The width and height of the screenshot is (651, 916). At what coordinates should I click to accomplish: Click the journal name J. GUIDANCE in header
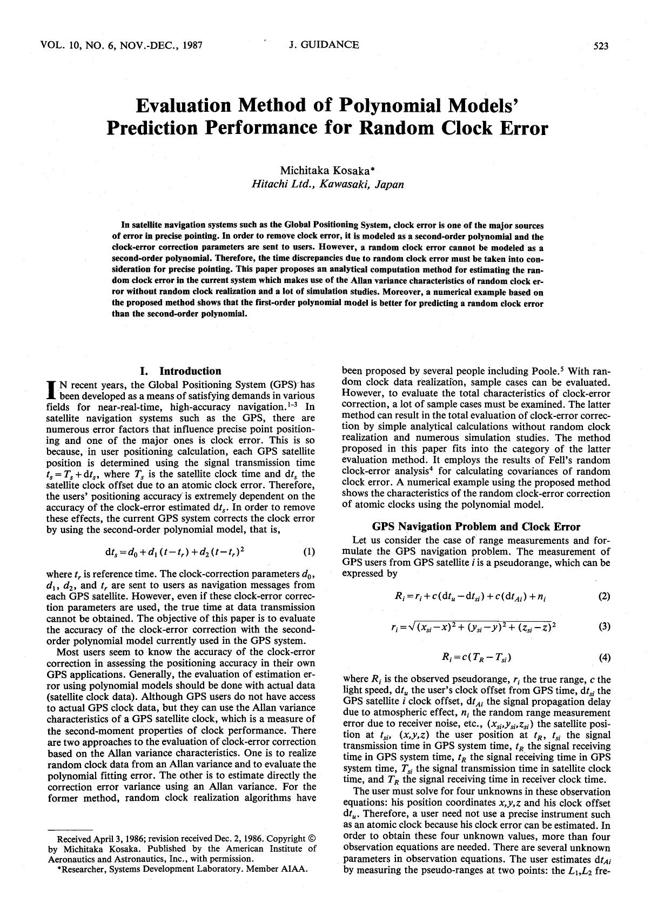tap(324, 45)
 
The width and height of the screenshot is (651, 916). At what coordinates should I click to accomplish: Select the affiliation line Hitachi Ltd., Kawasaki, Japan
tap(327, 184)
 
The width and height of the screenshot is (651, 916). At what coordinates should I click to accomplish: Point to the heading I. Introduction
tap(180, 371)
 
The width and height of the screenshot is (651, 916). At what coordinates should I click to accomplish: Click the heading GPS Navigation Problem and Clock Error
tap(476, 527)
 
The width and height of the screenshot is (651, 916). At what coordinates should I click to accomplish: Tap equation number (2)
tap(604, 596)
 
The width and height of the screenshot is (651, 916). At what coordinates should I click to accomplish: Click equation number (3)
tap(604, 627)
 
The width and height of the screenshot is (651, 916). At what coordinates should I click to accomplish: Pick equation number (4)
tap(604, 657)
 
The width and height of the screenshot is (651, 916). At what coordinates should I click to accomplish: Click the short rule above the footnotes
tap(70, 828)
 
